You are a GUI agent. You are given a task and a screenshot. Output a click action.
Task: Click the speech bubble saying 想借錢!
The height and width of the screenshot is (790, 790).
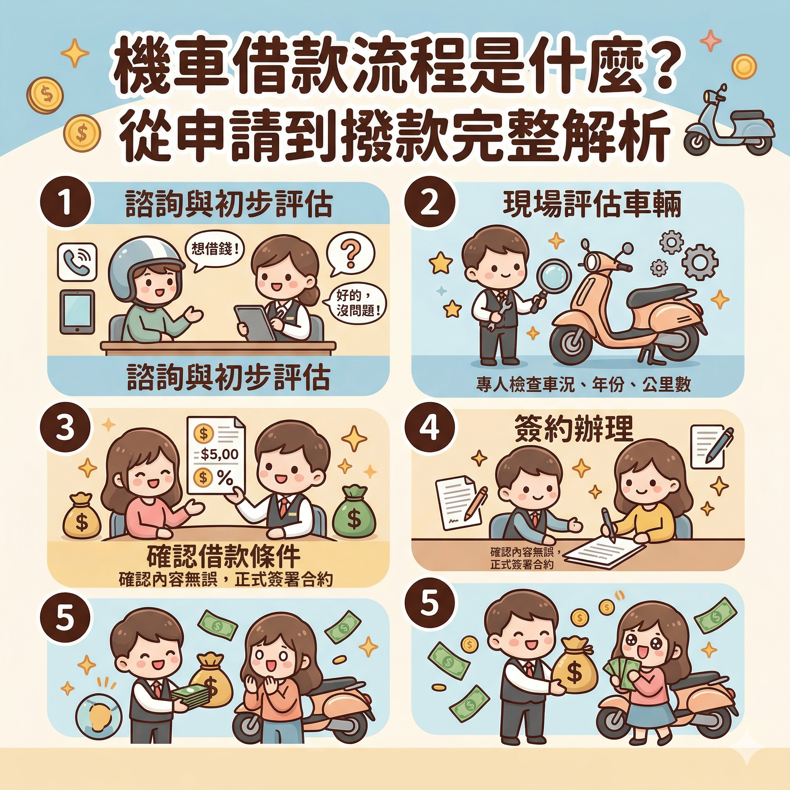212,249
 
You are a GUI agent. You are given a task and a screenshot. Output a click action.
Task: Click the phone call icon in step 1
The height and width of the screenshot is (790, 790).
77,262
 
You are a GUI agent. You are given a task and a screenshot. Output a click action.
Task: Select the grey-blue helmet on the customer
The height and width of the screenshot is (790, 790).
143,262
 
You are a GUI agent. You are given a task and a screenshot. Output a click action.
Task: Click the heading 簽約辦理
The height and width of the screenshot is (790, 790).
574,429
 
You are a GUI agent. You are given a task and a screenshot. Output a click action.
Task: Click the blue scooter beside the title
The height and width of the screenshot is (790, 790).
728,123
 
